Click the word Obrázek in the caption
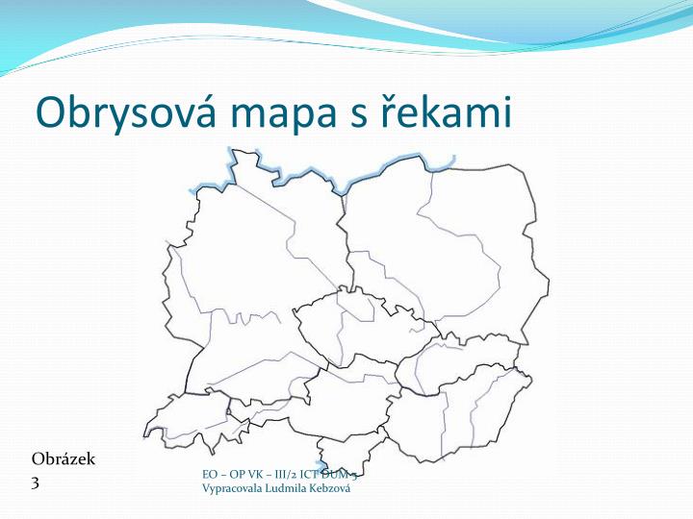(64, 458)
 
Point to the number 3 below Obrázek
(36, 483)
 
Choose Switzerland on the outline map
(188, 418)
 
